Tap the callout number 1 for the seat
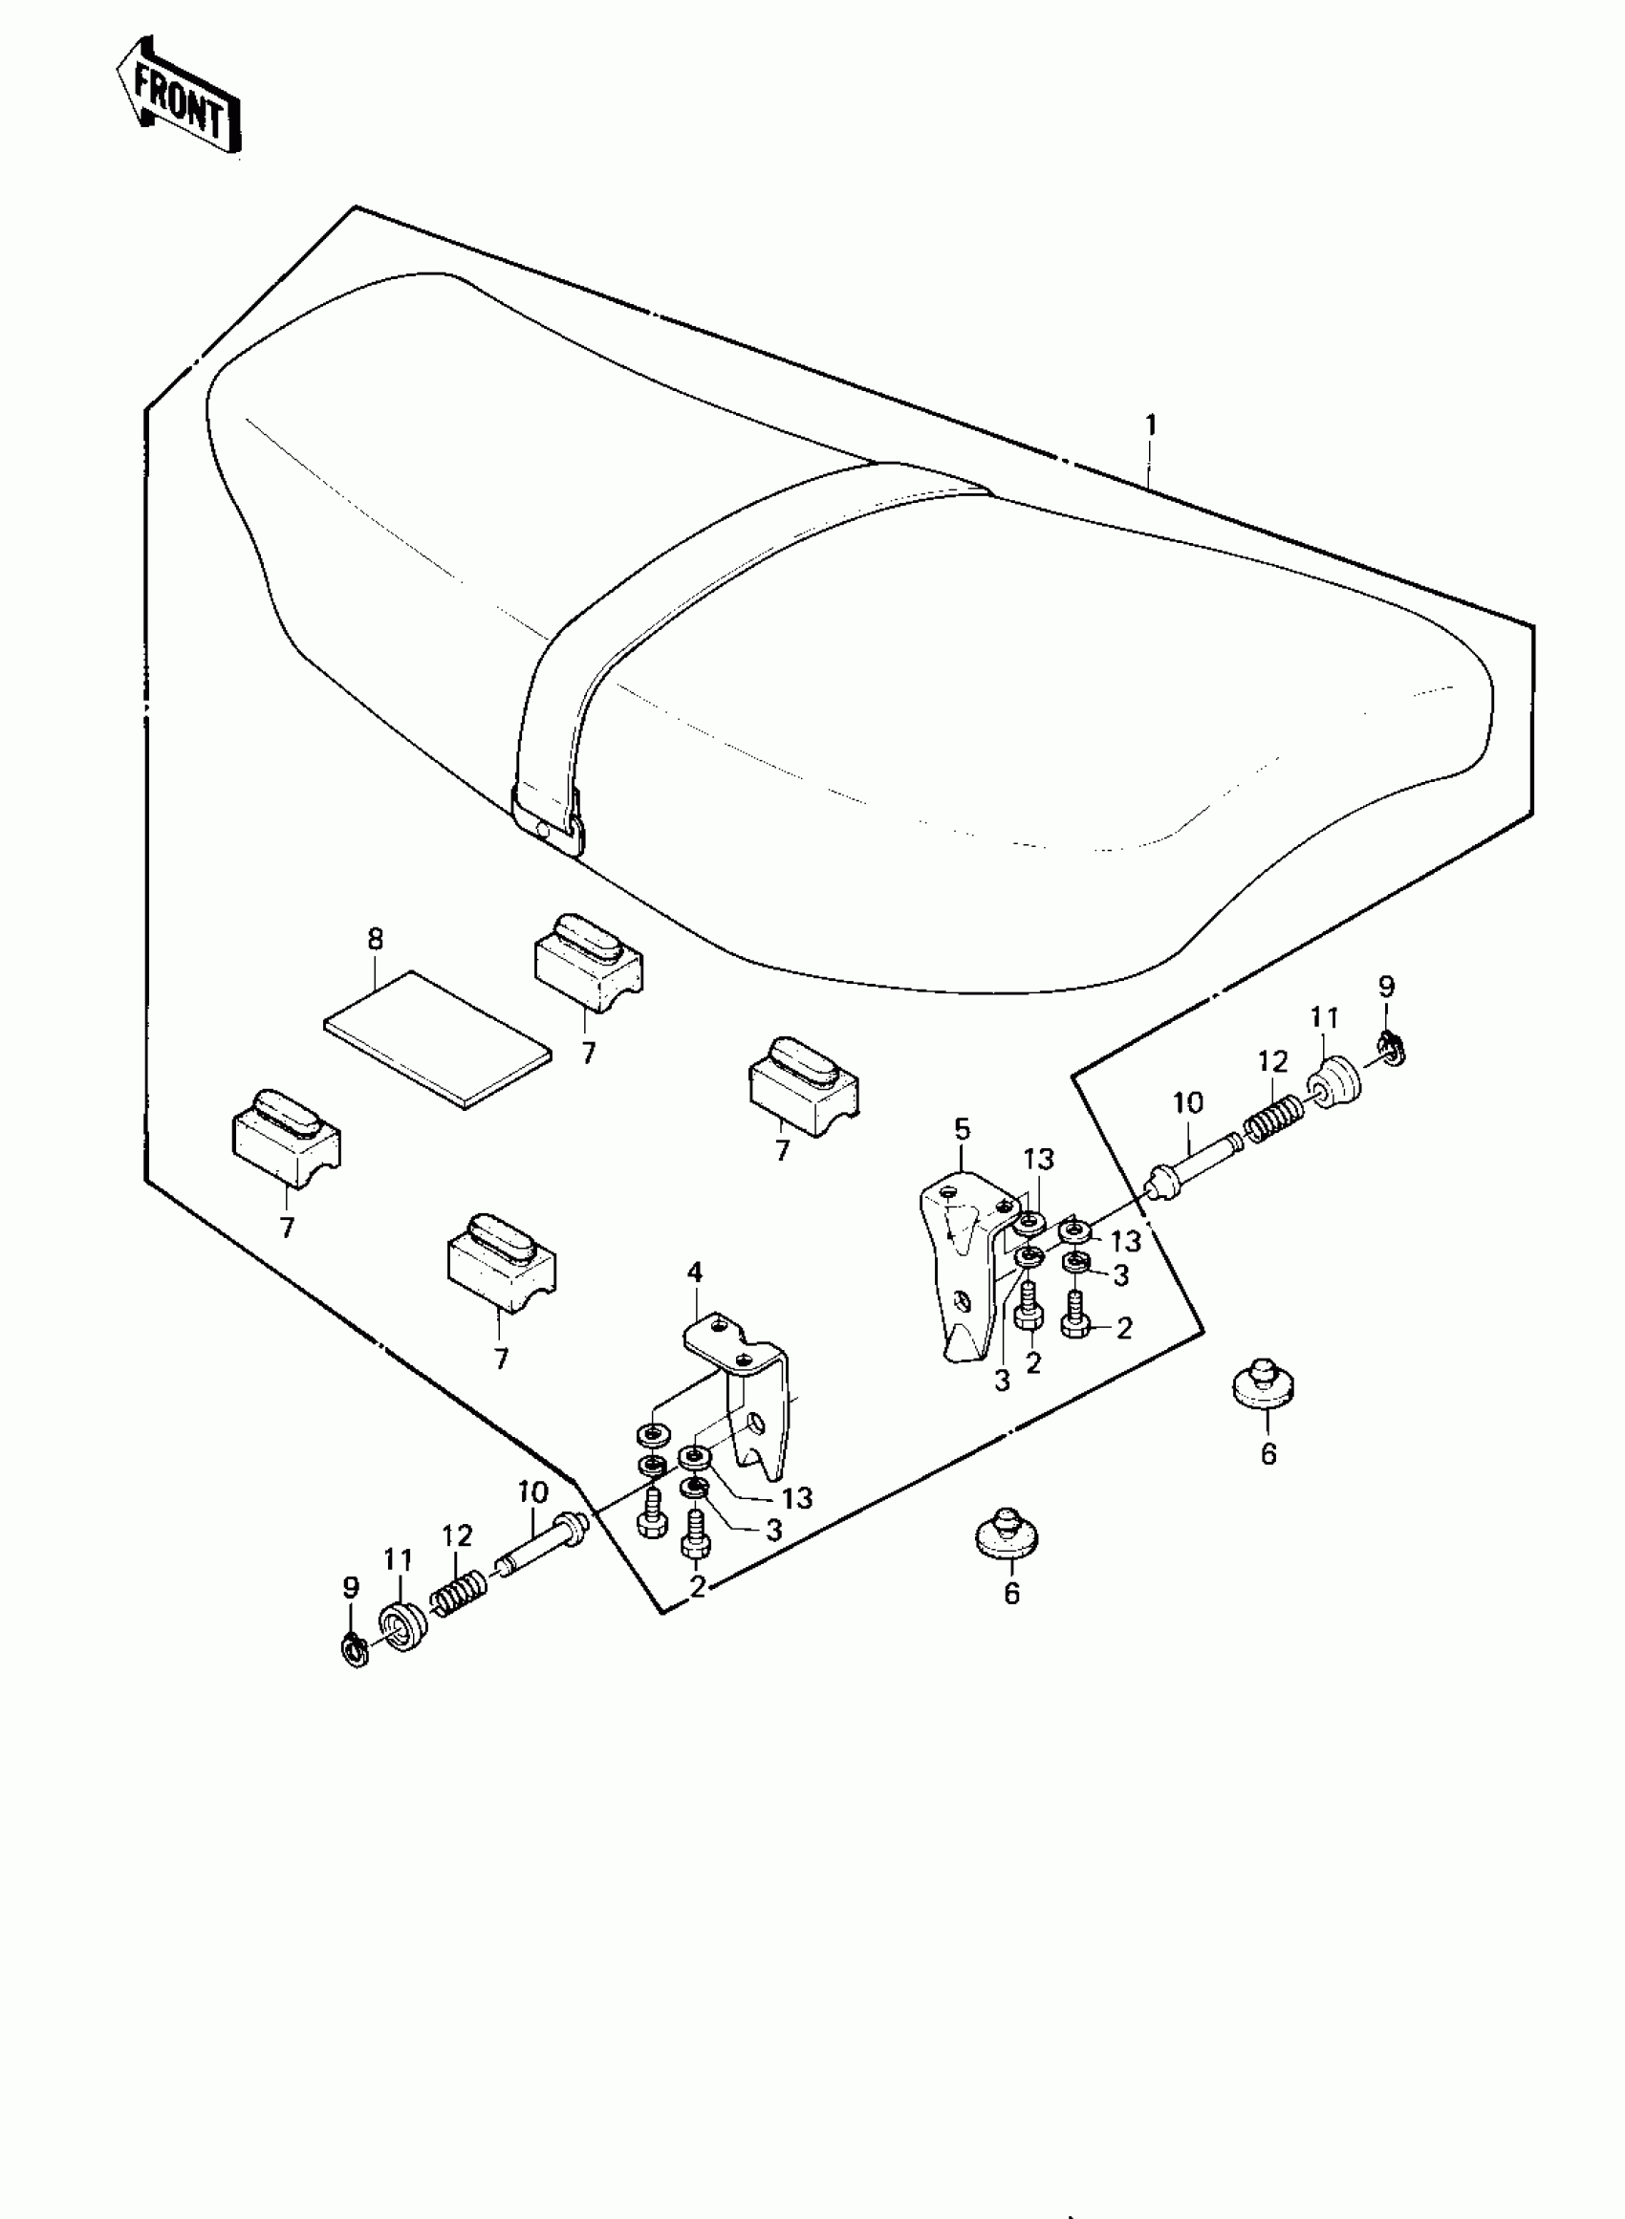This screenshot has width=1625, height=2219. pos(1150,425)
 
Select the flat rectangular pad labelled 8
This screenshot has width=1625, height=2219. pos(438,1037)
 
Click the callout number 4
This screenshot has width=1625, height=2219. pos(696,1272)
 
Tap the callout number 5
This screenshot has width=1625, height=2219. pos(961,1128)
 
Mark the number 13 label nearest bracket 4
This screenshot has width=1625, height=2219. pos(797,1497)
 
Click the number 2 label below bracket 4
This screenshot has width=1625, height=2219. pos(698,1585)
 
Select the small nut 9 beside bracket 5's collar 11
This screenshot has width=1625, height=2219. pos(1393,1051)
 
